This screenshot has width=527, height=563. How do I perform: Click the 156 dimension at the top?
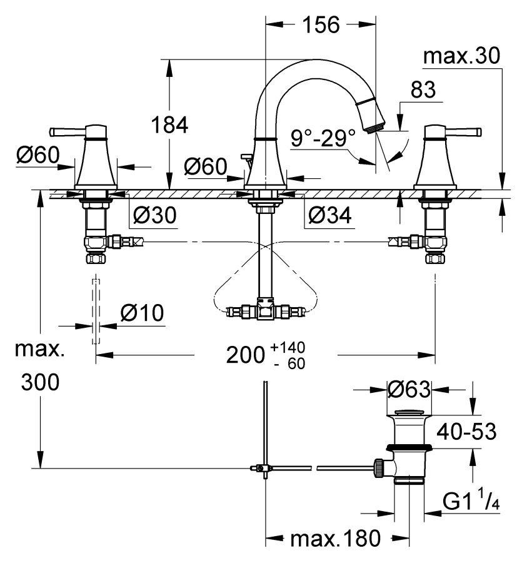pos(321,25)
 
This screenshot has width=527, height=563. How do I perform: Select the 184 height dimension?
pos(169,125)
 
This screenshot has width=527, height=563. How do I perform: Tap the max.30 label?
pos(462,56)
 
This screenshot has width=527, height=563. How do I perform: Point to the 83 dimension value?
pos(423,89)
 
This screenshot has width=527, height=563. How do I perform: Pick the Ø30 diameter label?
pos(155,215)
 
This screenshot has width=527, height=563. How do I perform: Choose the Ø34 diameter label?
pos(329,215)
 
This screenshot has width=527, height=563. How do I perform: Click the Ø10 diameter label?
pos(143,313)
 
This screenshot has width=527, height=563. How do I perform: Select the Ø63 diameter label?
pos(409,389)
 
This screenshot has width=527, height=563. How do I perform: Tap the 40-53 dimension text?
pos(466,431)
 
